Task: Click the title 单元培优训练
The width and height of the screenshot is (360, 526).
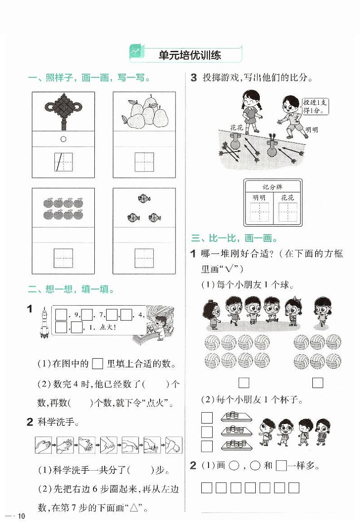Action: [190, 55]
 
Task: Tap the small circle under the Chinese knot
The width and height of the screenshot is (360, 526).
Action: [63, 139]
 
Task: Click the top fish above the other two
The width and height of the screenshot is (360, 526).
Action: [144, 198]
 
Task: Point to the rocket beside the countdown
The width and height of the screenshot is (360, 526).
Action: [44, 321]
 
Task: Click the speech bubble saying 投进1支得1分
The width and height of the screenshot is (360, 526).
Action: [315, 107]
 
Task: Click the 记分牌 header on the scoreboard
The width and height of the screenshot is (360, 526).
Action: [272, 187]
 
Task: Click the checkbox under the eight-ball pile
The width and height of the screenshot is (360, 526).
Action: [244, 383]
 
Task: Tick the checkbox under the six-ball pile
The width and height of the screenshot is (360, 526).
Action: [317, 383]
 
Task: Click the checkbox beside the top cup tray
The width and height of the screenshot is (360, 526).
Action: [207, 417]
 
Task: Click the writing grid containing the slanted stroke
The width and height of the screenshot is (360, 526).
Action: [63, 162]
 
